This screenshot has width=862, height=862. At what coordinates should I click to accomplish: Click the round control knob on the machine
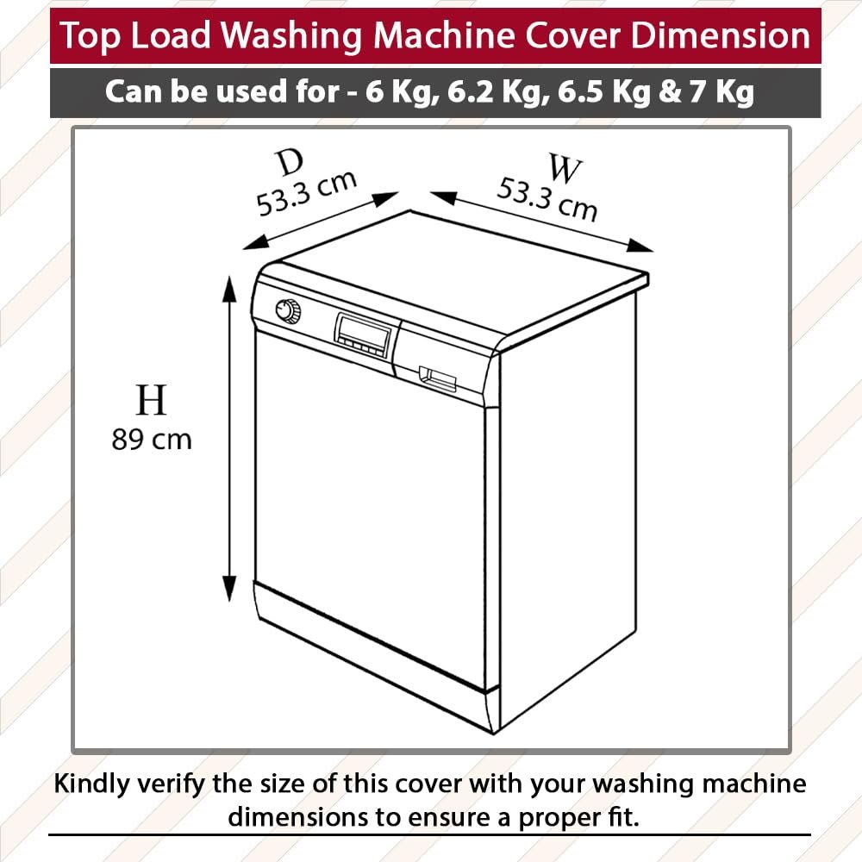click(288, 312)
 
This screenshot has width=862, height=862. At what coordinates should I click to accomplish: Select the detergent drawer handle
click(438, 378)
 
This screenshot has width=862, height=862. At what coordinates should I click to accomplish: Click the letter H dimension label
click(151, 400)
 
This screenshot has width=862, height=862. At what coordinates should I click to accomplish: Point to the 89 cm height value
click(152, 440)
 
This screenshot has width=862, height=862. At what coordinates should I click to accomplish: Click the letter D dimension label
click(290, 162)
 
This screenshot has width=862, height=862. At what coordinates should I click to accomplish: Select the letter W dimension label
click(565, 169)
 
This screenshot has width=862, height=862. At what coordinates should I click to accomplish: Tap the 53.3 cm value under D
click(307, 193)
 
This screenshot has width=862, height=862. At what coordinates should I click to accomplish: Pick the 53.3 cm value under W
click(547, 199)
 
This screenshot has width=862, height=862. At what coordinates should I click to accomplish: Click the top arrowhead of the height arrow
click(229, 289)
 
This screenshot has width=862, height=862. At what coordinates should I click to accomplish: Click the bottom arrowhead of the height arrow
click(229, 588)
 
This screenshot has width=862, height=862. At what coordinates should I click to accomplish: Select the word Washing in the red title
click(291, 36)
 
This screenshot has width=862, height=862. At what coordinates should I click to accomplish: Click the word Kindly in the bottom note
click(92, 784)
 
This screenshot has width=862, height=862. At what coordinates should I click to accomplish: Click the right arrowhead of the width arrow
click(641, 247)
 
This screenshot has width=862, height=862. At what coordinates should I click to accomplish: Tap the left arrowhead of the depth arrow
click(256, 243)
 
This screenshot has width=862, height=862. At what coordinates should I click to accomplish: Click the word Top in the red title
click(90, 37)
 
